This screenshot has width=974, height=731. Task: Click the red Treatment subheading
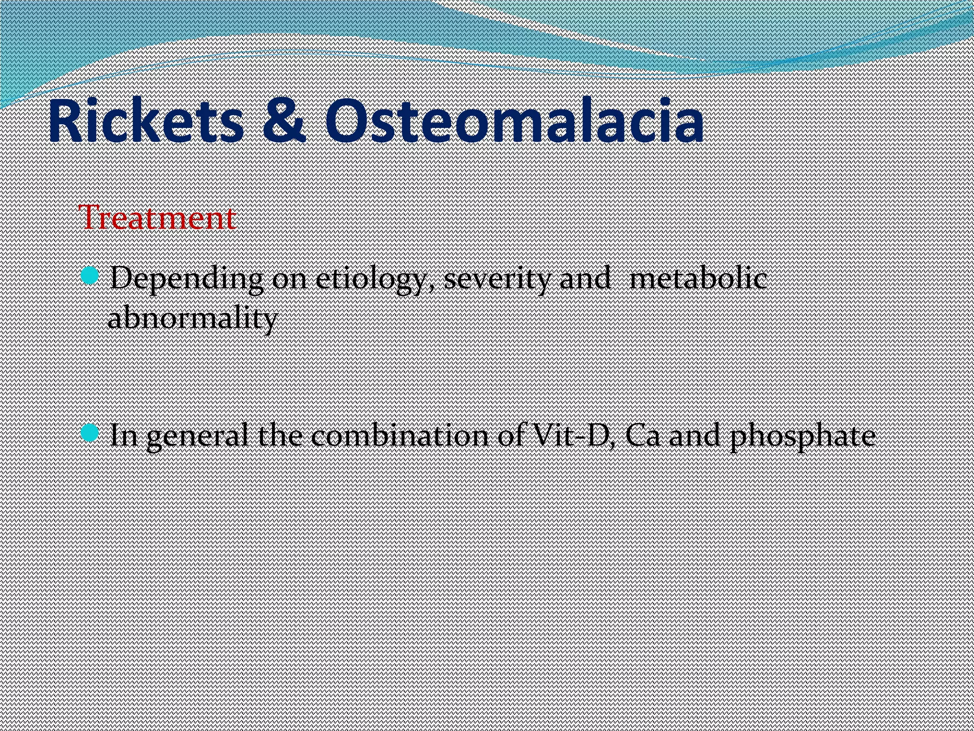click(159, 218)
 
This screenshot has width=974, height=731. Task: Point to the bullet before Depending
click(89, 275)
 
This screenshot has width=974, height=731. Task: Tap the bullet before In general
click(89, 432)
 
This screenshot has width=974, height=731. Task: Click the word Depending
click(186, 280)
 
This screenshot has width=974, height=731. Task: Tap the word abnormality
click(193, 318)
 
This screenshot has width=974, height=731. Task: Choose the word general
click(197, 436)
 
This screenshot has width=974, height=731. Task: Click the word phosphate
click(803, 436)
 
